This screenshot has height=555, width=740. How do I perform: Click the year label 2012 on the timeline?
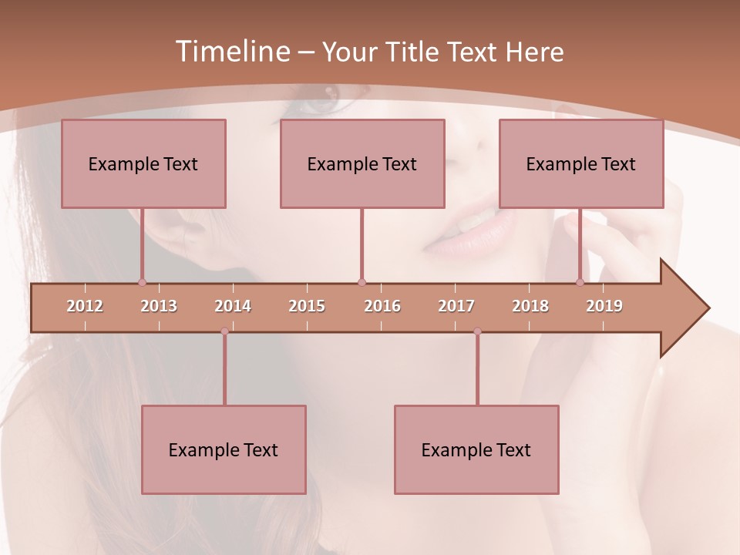point(85,306)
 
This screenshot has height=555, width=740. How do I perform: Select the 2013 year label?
point(159,306)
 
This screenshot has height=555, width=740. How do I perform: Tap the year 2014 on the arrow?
point(233,306)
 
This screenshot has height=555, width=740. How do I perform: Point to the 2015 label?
point(307,306)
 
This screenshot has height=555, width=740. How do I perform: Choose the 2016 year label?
point(382,306)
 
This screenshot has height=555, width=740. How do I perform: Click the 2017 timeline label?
point(456,306)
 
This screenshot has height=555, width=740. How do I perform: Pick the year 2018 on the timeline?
point(530,306)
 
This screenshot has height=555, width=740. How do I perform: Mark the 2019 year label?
point(604,306)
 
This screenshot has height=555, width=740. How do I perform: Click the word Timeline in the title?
point(231,52)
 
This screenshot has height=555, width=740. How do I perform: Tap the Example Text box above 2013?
point(143,163)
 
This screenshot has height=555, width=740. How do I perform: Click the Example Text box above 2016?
point(362,163)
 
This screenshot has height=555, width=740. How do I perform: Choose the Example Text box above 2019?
point(581,163)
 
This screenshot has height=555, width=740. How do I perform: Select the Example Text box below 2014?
point(224,449)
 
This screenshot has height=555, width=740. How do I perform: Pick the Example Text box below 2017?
point(476,449)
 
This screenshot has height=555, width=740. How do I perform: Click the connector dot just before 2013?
point(142,282)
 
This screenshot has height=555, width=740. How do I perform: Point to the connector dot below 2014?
point(224,331)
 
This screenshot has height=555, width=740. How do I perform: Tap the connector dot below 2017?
point(477,331)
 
